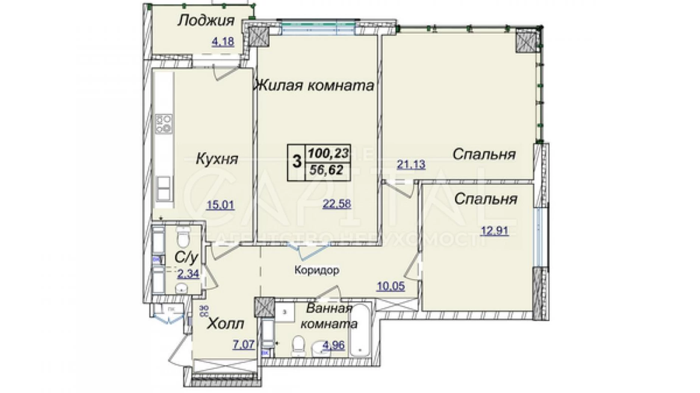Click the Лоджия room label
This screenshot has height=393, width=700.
pos(206,20)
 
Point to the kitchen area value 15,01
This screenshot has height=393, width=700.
pos(220,205)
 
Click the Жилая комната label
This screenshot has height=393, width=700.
pos(313,85)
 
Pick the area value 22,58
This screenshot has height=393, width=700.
pos(336,204)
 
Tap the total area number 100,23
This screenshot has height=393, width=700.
pos(328,153)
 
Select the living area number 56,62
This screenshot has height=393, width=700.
pos(326,170)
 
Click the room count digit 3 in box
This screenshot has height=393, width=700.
pos(297,162)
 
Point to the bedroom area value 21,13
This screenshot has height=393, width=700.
pos(411,164)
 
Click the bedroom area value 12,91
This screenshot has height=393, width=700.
pos(494,230)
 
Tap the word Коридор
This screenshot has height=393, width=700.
pos(316,270)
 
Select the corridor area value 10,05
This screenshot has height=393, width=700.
pos(390,286)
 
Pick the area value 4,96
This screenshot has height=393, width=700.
pos(333,345)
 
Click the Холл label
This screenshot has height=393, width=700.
pos(226,323)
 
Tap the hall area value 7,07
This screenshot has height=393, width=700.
pos(243,345)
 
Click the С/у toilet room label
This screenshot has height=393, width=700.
pos(186,258)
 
